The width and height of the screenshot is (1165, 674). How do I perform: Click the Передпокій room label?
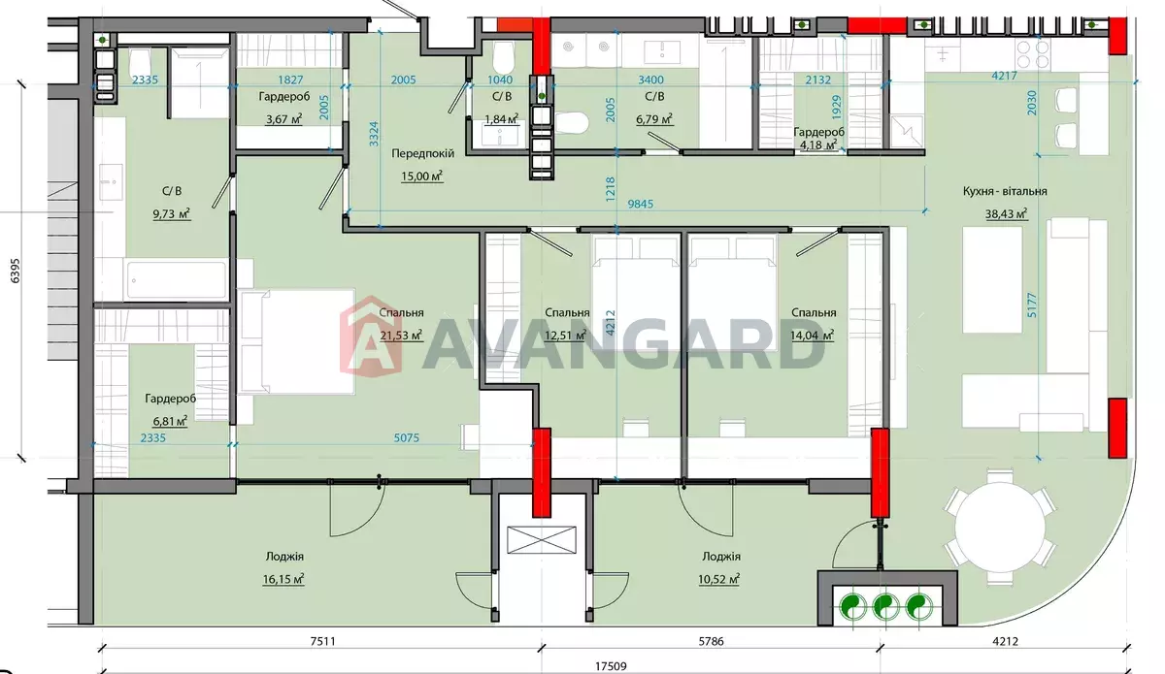click(422, 154)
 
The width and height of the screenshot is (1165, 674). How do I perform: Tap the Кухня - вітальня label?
click(1004, 191)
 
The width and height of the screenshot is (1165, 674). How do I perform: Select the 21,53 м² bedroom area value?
click(400, 336)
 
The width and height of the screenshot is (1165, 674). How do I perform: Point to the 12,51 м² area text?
click(565, 336)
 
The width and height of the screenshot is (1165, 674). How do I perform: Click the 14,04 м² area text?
click(812, 336)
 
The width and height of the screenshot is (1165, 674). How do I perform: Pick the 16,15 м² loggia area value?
click(283, 579)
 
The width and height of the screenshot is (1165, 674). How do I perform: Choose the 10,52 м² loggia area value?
click(718, 579)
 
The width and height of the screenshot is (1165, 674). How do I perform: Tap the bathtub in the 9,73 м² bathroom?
click(177, 280)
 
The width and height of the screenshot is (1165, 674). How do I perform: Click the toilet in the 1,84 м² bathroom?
click(503, 57)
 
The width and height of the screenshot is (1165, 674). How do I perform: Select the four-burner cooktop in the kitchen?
click(1033, 54)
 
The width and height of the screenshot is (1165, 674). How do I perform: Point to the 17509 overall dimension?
click(611, 666)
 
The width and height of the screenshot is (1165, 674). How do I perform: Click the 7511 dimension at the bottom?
click(322, 642)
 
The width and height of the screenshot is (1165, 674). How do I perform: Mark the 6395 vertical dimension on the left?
click(16, 271)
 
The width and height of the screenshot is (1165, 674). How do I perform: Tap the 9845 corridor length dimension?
click(640, 204)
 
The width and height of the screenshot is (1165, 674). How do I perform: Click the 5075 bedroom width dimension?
click(406, 438)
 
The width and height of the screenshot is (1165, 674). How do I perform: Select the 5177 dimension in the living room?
click(1032, 305)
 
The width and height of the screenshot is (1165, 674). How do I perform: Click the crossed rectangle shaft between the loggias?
click(542, 540)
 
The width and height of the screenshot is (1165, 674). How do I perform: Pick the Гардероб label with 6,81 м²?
click(171, 399)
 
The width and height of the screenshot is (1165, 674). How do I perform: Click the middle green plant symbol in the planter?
click(885, 606)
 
